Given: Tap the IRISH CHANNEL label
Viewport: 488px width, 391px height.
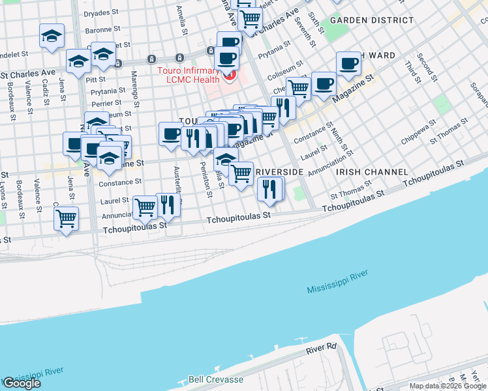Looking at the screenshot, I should pyautogui.click(x=372, y=172).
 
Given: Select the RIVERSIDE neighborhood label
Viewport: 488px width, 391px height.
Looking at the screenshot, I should pyautogui.click(x=280, y=171).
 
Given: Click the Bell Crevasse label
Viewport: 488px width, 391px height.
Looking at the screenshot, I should pyautogui.click(x=215, y=379).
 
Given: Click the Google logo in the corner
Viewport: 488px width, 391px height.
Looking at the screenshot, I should pyautogui.click(x=22, y=383).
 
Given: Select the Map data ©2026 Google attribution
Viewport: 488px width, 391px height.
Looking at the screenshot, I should pyautogui.click(x=448, y=386).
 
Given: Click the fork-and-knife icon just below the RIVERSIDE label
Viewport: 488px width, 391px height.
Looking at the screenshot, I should pyautogui.click(x=270, y=190).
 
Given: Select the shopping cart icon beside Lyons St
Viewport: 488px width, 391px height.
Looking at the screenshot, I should pyautogui.click(x=66, y=220).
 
